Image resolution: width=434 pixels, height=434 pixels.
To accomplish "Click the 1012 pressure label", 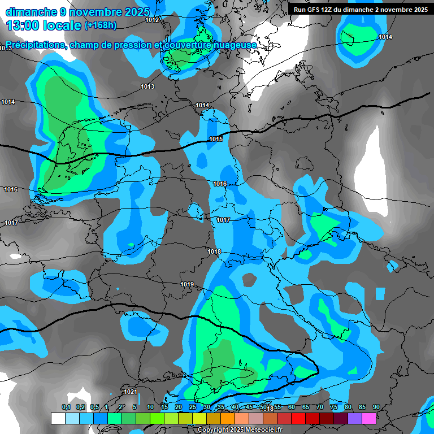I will [152, 20].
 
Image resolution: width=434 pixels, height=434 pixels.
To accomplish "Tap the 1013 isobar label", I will [147, 86].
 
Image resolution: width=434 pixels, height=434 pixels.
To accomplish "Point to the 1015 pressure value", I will [215, 139].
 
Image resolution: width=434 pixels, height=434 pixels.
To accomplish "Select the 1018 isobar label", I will [214, 251].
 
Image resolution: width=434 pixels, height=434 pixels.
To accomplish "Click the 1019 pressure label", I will [187, 284].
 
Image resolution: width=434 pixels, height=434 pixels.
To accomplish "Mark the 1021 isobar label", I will [130, 392].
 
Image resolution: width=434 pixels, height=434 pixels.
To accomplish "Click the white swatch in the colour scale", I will [58, 418].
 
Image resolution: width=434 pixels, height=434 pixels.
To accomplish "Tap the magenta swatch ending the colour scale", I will [369, 418].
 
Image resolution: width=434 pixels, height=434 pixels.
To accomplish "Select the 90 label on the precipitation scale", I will [376, 407].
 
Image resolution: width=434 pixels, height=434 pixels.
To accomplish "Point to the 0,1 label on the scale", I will [66, 407].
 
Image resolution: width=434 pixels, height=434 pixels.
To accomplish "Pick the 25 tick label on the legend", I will [193, 407].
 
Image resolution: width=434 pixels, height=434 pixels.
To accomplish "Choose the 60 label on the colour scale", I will [292, 407].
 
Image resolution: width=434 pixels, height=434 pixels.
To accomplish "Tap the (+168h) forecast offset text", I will [101, 25].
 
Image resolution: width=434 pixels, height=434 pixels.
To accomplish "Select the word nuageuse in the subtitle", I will [234, 45].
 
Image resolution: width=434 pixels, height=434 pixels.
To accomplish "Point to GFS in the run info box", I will [315, 10].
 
